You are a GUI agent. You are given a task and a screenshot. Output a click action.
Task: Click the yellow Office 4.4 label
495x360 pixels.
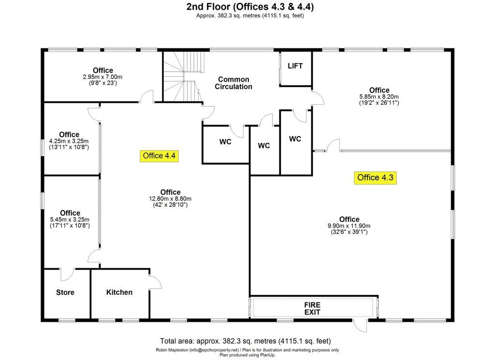click(159, 156)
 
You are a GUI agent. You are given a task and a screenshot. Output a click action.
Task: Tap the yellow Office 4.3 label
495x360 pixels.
click(375, 178)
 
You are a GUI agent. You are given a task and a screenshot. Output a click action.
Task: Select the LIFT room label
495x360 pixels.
click(295, 66)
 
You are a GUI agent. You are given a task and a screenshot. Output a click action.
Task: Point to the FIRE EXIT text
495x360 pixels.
click(312, 309)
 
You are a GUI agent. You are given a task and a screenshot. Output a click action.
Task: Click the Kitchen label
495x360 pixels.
click(119, 292)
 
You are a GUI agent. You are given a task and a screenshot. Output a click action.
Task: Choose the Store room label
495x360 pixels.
click(65, 292)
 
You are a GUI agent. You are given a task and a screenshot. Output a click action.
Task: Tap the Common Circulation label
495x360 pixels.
click(233, 83)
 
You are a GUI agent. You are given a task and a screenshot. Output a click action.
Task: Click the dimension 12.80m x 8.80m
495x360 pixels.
click(170, 199)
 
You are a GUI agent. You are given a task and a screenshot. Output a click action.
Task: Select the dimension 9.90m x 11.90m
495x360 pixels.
click(349, 226)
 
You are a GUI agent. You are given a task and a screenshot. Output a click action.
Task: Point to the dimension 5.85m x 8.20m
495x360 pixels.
click(379, 97)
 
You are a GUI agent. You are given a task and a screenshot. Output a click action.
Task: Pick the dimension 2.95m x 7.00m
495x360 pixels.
click(102, 77)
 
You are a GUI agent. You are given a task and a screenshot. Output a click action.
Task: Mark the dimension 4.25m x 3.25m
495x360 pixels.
click(69, 141)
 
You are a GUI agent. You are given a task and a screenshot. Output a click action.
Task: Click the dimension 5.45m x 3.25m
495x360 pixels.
click(70, 219)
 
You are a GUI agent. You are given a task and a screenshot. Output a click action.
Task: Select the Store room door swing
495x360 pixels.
click(67, 274)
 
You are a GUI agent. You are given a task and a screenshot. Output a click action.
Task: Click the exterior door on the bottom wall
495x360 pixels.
click(360, 326)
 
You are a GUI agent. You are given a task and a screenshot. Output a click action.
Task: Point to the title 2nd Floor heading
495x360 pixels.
click(250, 6)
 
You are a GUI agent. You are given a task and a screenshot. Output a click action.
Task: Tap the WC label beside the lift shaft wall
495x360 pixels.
click(295, 139)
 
